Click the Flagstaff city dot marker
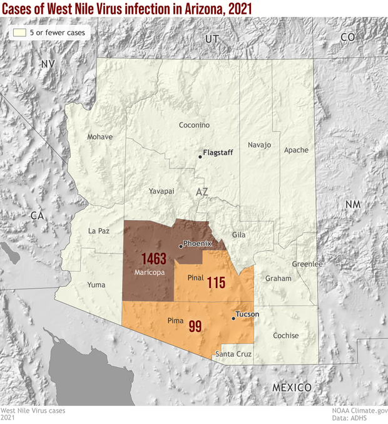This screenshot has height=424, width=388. (200, 157)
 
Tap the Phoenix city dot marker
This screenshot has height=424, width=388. (181, 246)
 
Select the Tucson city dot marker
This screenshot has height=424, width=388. (233, 318)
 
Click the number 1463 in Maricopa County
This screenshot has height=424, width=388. (153, 259)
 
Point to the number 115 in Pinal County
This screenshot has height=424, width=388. (216, 282)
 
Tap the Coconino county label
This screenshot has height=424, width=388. (194, 125)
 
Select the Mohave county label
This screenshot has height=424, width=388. (100, 137)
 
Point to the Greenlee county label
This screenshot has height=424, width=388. (307, 264)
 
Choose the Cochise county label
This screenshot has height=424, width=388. (285, 336)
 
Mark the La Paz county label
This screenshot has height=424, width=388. (98, 230)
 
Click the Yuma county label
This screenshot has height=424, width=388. (96, 285)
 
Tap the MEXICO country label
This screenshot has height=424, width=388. (291, 388)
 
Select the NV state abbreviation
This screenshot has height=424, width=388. (48, 64)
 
